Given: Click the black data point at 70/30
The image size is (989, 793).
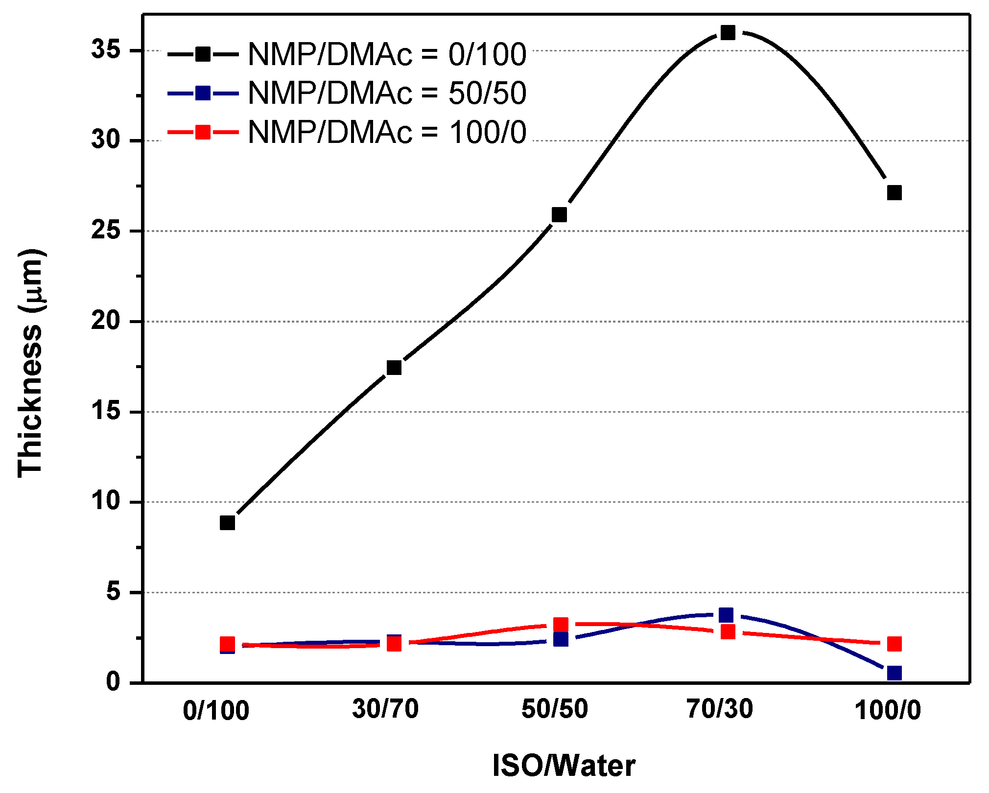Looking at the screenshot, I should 728,33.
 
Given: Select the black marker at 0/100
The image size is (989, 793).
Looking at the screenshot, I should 227,523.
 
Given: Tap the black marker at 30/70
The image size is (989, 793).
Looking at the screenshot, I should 394,367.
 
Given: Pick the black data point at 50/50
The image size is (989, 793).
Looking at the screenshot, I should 559,214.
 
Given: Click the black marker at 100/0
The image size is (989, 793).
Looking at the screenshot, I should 894,192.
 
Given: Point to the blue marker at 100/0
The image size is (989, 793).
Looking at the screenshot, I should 894,673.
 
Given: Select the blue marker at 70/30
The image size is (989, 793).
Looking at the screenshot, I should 726,615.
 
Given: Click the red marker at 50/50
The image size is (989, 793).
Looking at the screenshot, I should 561,625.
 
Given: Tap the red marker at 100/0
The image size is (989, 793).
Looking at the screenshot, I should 894,644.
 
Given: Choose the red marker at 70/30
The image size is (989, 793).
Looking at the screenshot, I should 728,632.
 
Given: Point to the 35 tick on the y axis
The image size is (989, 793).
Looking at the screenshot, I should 106,50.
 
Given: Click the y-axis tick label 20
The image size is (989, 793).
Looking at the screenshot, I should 106,322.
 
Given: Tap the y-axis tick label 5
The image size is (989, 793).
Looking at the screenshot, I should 114,592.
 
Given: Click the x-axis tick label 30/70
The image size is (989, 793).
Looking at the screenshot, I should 385,709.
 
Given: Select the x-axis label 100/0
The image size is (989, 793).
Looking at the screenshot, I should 888,710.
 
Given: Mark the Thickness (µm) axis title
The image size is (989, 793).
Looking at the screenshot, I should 30,362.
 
